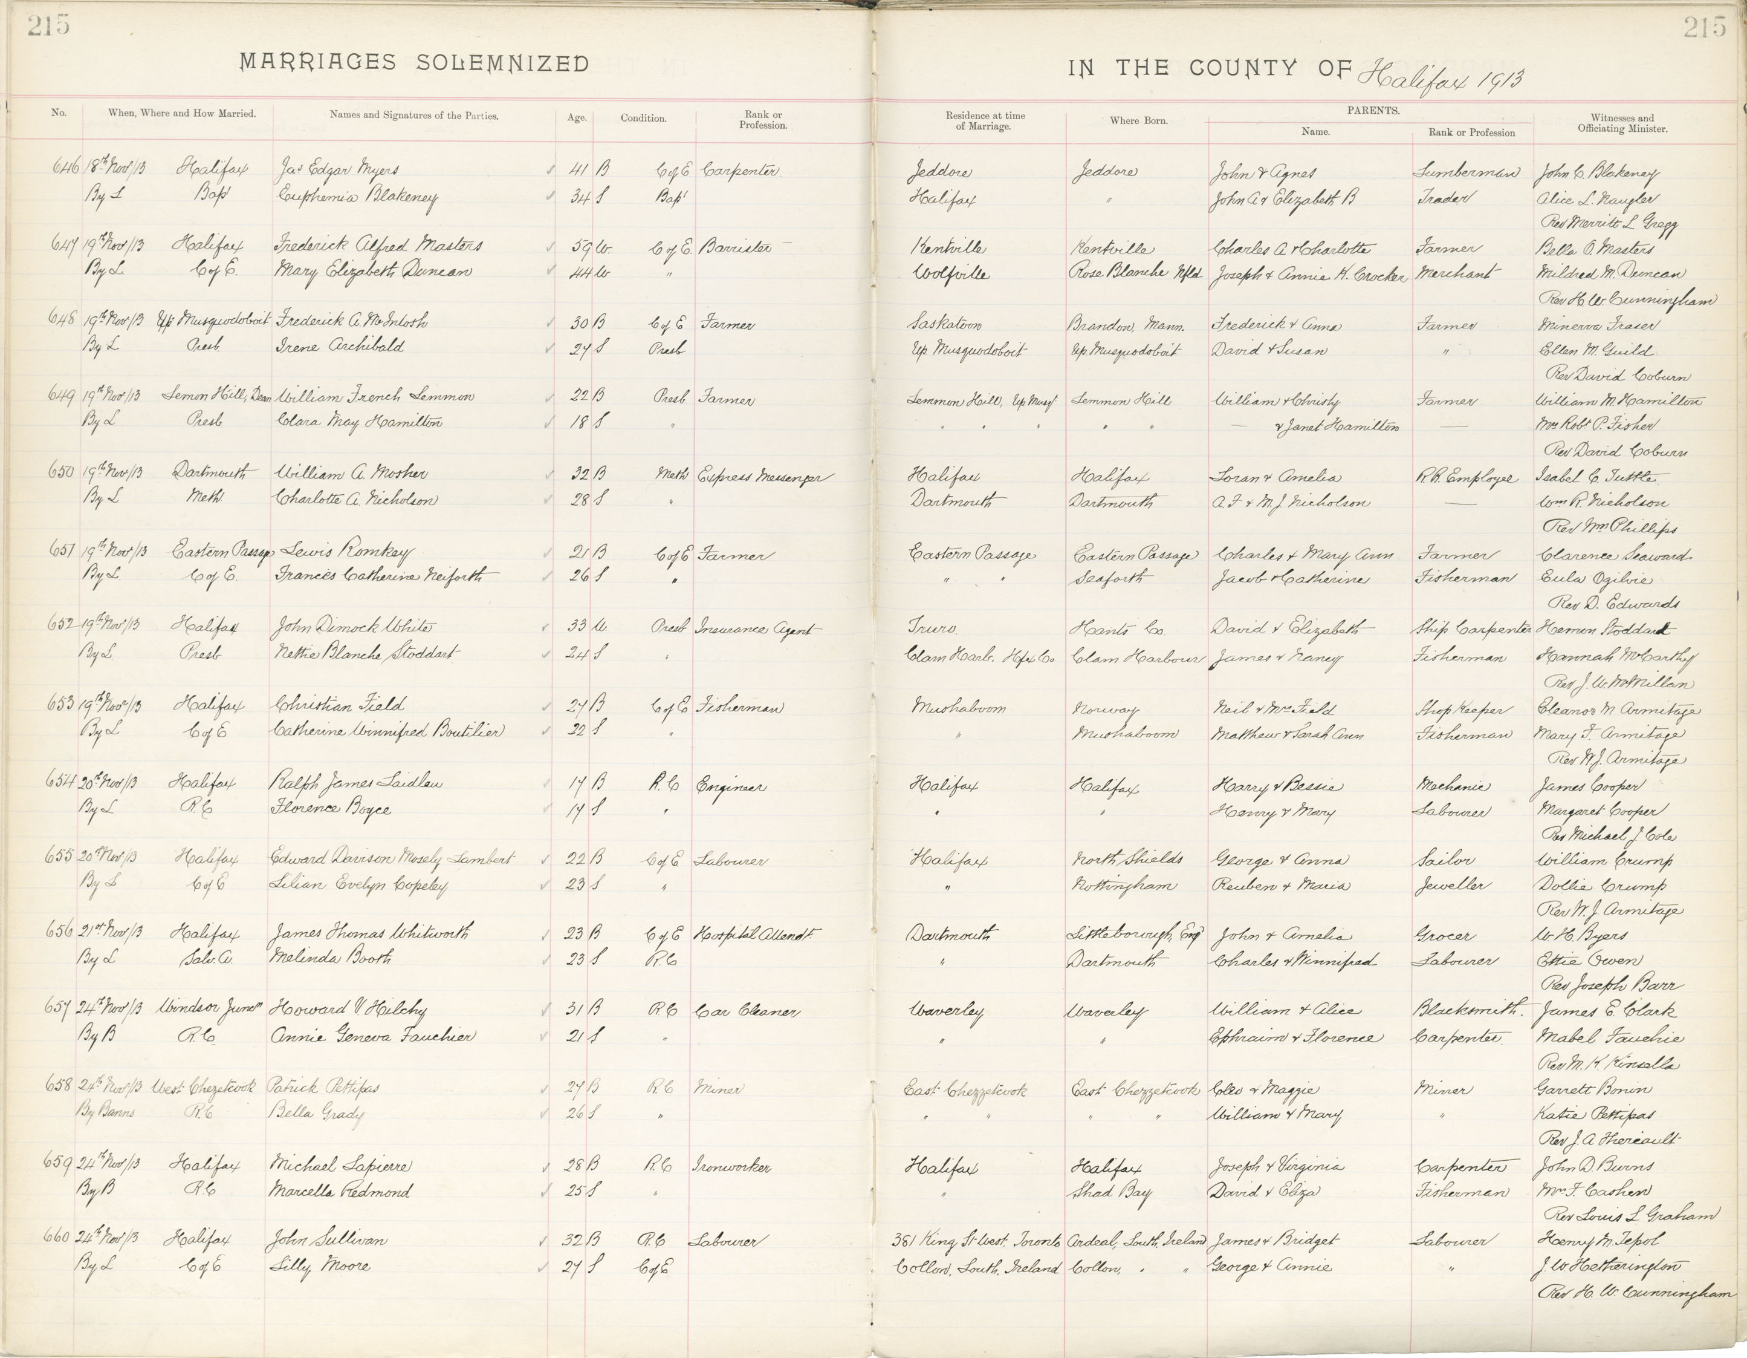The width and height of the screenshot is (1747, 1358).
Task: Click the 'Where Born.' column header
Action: pos(1138,121)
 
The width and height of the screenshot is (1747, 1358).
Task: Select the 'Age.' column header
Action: pos(576,117)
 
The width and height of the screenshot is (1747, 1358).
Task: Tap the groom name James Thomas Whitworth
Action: pos(371,932)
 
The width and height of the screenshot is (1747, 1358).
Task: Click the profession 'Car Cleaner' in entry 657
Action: pos(747,1011)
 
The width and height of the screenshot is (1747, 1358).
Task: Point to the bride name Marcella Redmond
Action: pos(342,1191)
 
